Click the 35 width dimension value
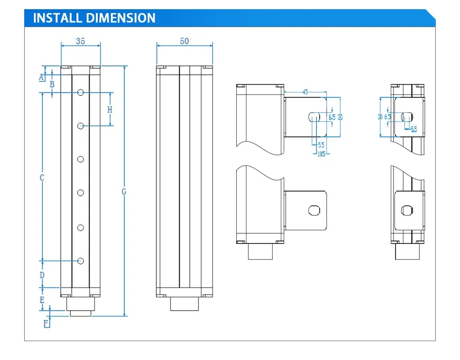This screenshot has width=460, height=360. pos(80,41)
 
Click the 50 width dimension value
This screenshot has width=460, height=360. pos(184,41)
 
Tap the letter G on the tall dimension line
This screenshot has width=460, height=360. pos(124,192)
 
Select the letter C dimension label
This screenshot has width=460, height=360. pos(42,178)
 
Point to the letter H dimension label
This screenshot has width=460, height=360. pos(110,109)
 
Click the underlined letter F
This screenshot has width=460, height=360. pos(46,323)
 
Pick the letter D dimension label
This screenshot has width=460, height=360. pos(42,275)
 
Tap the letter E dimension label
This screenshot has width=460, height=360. pos(42,300)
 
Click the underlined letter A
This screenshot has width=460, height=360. pos(41,77)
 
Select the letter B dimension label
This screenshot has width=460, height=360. pos(52,84)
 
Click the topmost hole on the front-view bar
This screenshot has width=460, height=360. pos(81,92)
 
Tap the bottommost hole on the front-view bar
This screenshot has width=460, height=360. pos(81,261)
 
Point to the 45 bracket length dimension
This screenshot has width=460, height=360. pos(305,91)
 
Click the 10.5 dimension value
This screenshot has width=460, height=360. pos(321,154)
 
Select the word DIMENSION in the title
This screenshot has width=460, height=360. pos(121,18)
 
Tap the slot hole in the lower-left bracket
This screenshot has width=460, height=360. pos(314,210)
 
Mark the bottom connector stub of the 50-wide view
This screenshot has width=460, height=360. pos(184,304)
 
